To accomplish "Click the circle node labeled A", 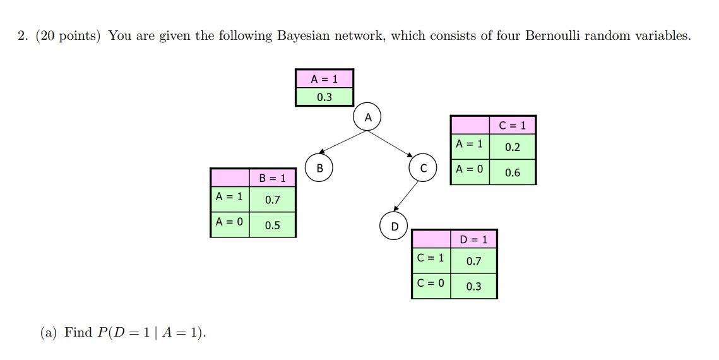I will (x=368, y=117).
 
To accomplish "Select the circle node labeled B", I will (x=319, y=168).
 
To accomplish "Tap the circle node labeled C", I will (x=423, y=168).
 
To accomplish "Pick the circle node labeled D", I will (x=395, y=226).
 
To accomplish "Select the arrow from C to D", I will (x=407, y=195).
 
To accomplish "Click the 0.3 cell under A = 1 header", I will (x=324, y=97).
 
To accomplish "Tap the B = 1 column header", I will (x=272, y=178).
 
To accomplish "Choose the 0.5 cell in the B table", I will (x=272, y=225).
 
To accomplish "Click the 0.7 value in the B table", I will (x=272, y=200).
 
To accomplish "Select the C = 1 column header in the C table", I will (x=512, y=125).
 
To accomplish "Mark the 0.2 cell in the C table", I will (x=512, y=148).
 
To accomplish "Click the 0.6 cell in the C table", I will (x=512, y=172).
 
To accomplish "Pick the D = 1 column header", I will (x=473, y=239).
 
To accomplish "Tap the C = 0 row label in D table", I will (x=431, y=283).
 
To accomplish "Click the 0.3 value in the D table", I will (x=473, y=286).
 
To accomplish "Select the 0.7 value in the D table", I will (x=473, y=261).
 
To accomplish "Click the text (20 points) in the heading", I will (x=68, y=36).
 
